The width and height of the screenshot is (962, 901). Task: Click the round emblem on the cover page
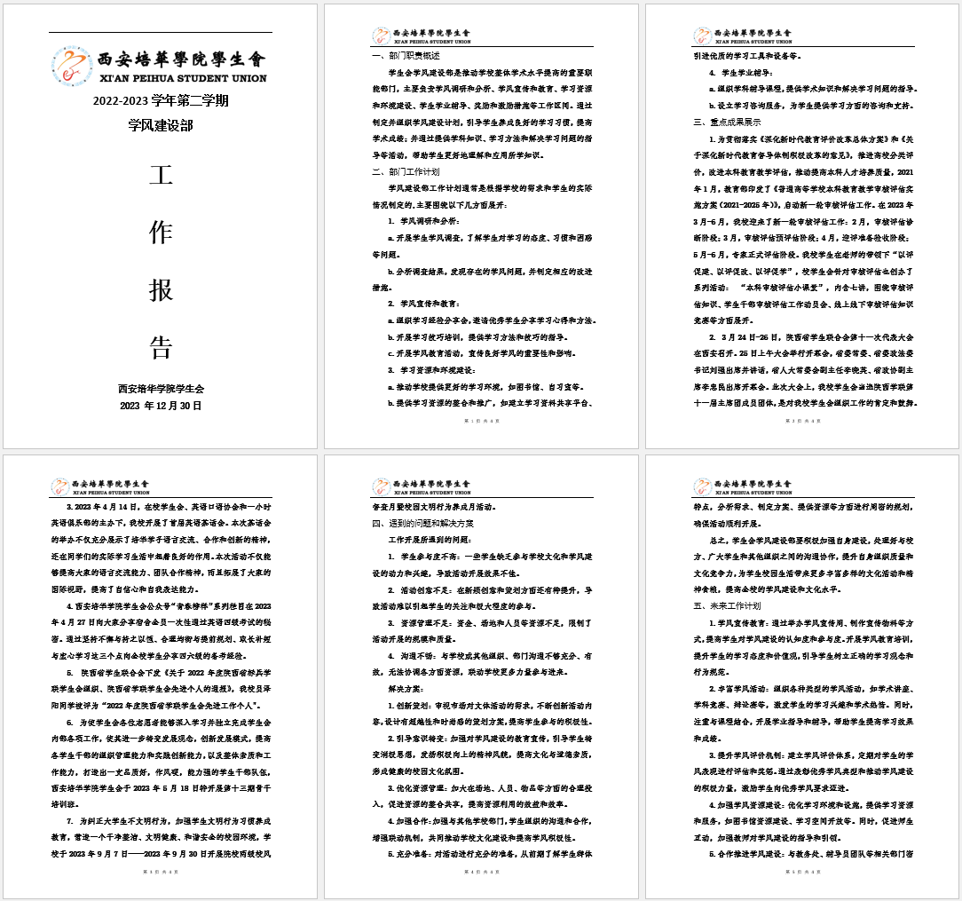coord(72,66)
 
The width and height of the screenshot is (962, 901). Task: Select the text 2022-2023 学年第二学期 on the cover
coord(161,100)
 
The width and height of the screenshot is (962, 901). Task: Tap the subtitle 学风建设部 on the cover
coord(161,125)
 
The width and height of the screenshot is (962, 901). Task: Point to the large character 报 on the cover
coord(161,290)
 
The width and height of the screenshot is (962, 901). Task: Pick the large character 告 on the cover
coord(161,347)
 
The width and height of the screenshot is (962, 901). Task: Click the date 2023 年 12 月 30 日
coord(161,406)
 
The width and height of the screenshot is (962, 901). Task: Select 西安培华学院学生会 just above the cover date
coord(161,388)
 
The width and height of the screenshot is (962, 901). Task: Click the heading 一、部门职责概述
coord(406,55)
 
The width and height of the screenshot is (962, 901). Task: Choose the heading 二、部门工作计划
coord(406,171)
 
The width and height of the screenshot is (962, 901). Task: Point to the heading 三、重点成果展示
coord(727,122)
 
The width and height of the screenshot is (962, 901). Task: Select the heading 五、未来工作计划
coord(727,605)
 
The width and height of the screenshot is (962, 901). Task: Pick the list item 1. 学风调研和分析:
coord(423,220)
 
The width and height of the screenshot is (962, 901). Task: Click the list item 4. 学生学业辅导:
coord(747,72)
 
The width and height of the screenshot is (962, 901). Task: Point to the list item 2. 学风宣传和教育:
coord(423,304)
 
